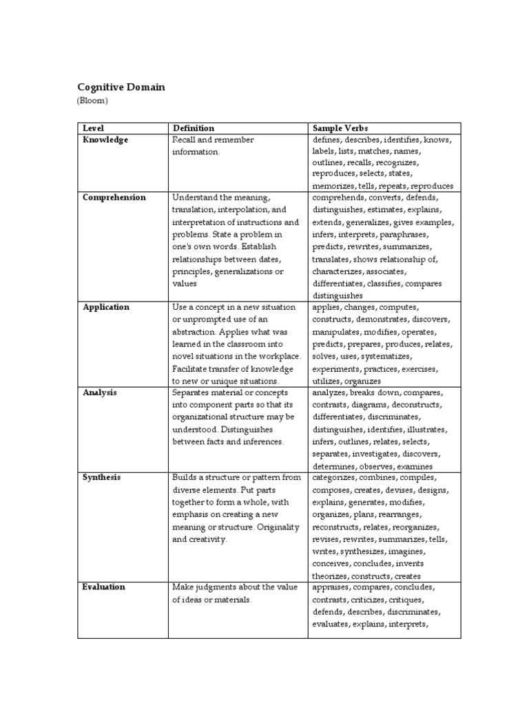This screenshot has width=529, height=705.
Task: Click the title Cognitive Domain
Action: (x=121, y=87)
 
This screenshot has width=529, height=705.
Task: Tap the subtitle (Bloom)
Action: (x=92, y=101)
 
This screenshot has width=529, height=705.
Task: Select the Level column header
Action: (x=92, y=128)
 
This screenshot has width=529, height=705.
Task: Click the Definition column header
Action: (x=194, y=128)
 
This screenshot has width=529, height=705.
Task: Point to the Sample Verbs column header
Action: (x=340, y=128)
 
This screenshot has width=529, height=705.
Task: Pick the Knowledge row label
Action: (x=105, y=140)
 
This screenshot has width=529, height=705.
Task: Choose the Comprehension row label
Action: (x=114, y=198)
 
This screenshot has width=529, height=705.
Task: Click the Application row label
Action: (x=106, y=307)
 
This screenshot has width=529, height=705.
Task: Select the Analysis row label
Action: (x=100, y=392)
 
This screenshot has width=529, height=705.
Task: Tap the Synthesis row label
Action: (x=102, y=477)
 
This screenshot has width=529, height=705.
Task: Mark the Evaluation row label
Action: (x=104, y=587)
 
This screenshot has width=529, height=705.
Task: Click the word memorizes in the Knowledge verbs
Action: (x=334, y=186)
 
